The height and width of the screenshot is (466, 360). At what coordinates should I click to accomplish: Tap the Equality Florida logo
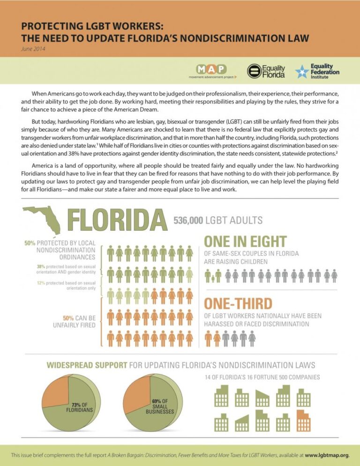tap(266, 71)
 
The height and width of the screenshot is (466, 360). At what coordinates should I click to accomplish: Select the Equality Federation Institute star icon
tap(302, 72)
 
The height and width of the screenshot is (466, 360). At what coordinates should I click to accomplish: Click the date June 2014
tap(33, 49)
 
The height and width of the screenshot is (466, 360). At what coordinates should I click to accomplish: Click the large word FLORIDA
tap(117, 220)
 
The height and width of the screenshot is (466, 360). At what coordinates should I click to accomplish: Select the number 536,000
tap(188, 220)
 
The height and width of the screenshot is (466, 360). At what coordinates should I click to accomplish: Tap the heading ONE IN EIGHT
tap(245, 241)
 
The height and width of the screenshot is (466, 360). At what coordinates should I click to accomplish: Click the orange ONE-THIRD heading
tap(238, 303)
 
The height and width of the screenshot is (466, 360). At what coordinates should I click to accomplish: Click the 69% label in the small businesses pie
tap(156, 401)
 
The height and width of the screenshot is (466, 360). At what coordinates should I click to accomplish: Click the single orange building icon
tap(304, 421)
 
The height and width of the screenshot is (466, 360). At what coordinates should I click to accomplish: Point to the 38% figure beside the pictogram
tap(41, 267)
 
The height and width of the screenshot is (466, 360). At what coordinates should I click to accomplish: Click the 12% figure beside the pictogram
tap(41, 283)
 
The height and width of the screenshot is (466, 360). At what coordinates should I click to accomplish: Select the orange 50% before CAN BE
tap(68, 318)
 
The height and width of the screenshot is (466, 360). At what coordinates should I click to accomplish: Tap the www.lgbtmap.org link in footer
tap(327, 455)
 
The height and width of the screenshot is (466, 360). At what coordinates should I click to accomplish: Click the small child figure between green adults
tap(213, 278)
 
